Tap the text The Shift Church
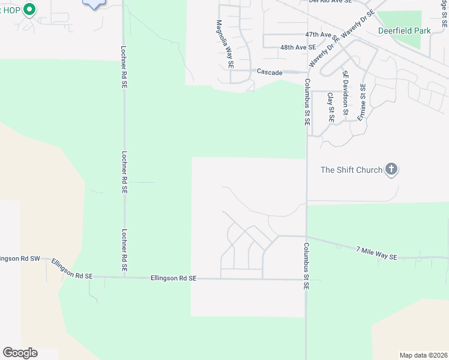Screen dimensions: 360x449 point(351,170)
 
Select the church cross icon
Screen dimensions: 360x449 point(391,169)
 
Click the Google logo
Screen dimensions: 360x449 point(20,353)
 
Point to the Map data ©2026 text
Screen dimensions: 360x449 point(423,355)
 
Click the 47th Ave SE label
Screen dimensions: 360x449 point(318,35)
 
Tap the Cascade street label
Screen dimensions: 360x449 point(270,72)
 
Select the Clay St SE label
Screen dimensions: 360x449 point(330,107)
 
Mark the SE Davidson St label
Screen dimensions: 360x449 point(345,93)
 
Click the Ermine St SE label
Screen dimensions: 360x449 point(362,103)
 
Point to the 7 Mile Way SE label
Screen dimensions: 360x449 point(376,253)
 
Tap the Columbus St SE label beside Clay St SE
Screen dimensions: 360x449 point(306,102)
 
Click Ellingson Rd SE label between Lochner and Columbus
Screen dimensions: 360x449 point(173,278)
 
